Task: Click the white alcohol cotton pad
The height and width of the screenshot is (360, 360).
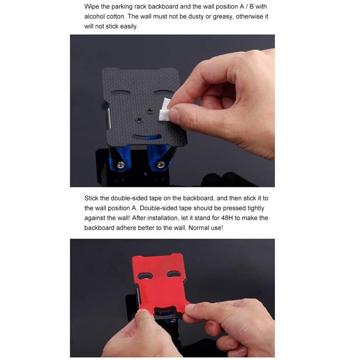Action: (x=165, y=110)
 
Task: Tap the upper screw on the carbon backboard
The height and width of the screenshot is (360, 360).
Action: (x=150, y=111)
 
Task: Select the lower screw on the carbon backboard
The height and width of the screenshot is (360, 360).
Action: (x=139, y=120)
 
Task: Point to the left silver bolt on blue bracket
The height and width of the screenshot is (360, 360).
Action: (x=121, y=165)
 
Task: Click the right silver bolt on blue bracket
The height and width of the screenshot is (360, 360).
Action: (x=161, y=164)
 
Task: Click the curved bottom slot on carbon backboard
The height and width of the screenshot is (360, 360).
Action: (x=146, y=137)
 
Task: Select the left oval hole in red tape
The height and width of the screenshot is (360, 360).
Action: (x=144, y=275)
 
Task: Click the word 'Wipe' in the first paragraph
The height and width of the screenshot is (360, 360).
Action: (x=92, y=7)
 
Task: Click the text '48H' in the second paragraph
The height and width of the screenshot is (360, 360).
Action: (x=227, y=218)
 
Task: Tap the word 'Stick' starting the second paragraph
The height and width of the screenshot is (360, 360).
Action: (x=91, y=198)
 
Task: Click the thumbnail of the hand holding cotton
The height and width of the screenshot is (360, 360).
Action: (x=172, y=111)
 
